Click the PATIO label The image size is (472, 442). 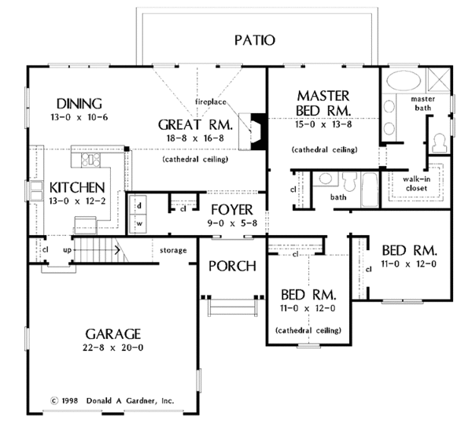pyautogui.click(x=255, y=40)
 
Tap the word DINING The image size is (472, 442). pyautogui.click(x=79, y=104)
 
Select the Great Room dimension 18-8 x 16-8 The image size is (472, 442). pyautogui.click(x=195, y=138)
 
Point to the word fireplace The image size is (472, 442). pyautogui.click(x=210, y=101)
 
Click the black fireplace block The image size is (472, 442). pyautogui.click(x=258, y=131)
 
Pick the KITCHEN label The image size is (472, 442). pyautogui.click(x=77, y=188)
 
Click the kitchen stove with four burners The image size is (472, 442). pyautogui.click(x=90, y=160)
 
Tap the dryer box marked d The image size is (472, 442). pyautogui.click(x=138, y=205)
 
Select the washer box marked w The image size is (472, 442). pyautogui.click(x=138, y=223)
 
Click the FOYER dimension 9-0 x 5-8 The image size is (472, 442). pyautogui.click(x=232, y=223)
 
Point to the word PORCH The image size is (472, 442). pyautogui.click(x=232, y=267)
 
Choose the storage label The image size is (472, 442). pyautogui.click(x=173, y=250)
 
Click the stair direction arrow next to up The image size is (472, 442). pyautogui.click(x=96, y=250)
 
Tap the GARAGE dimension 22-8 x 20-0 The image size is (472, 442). pyautogui.click(x=112, y=348)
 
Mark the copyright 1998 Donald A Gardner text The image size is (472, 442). pyautogui.click(x=112, y=401)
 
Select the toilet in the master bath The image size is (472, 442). pyautogui.click(x=439, y=143)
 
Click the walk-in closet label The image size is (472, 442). pyautogui.click(x=417, y=183)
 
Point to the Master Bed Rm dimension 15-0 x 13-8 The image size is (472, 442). pyautogui.click(x=323, y=124)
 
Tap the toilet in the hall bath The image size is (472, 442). pyautogui.click(x=349, y=182)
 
